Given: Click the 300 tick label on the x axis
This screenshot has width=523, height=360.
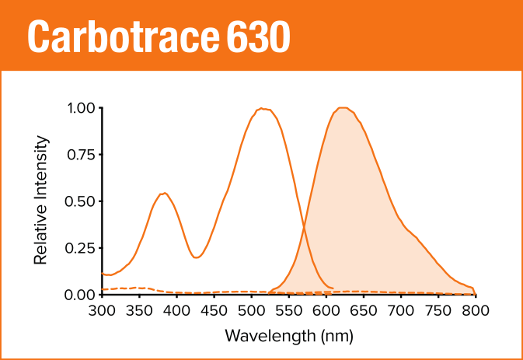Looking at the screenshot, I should click(x=102, y=310).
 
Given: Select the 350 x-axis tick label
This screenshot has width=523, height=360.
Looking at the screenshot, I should click(x=140, y=310).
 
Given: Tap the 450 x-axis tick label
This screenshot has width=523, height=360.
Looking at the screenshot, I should click(x=214, y=310).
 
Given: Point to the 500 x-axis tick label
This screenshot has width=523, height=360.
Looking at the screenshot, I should click(x=252, y=310).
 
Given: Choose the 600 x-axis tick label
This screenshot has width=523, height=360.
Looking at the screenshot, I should click(x=326, y=310).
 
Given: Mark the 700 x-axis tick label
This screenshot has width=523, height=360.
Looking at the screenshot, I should click(x=401, y=310).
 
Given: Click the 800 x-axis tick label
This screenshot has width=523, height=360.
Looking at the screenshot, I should click(x=476, y=310).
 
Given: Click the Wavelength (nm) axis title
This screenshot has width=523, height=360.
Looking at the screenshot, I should click(x=288, y=336).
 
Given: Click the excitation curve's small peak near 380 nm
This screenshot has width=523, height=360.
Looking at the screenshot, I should click(x=163, y=193).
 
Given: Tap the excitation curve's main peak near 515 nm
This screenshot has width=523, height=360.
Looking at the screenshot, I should click(x=263, y=108).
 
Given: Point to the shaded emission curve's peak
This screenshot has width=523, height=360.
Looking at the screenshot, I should click(x=343, y=107).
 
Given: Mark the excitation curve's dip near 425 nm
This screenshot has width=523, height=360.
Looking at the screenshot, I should click(x=196, y=257).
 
